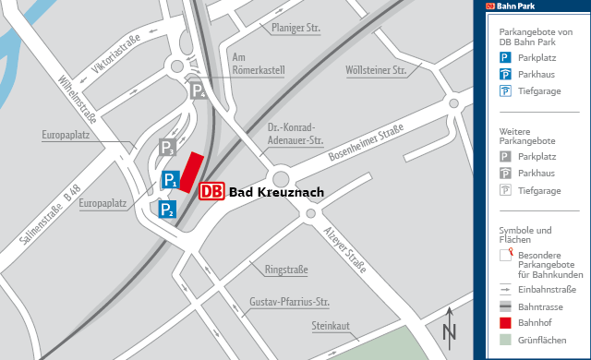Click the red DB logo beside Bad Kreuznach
click(211, 191)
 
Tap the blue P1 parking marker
click(170, 180)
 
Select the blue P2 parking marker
click(166, 210)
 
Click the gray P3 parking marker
click(167, 148)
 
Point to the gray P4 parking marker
click(198, 90)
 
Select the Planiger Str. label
click(295, 29)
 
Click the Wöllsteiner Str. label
click(376, 70)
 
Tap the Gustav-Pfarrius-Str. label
click(290, 302)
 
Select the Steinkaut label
click(332, 326)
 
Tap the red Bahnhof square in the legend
click(506, 323)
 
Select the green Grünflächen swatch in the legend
click(506, 341)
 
